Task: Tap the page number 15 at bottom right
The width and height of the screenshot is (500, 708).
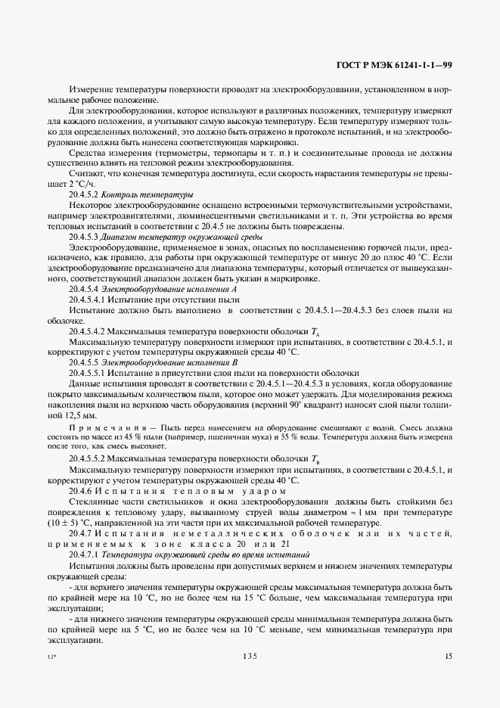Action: point(449,657)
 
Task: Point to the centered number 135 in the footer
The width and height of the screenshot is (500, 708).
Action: point(250,657)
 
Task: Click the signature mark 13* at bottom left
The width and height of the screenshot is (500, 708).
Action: point(51,657)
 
